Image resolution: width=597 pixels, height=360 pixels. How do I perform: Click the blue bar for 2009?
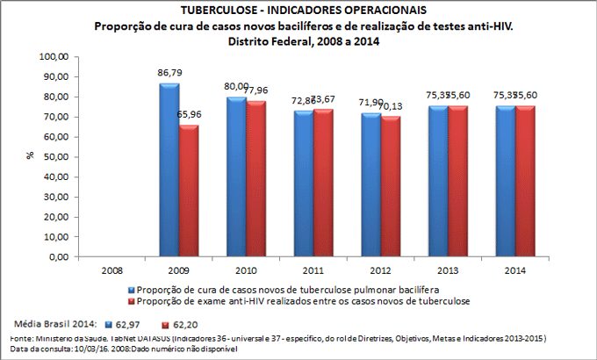pos(170,171)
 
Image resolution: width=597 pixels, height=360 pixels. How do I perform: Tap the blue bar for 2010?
pos(236,178)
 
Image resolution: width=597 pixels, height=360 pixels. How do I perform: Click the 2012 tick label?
pos(380,270)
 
